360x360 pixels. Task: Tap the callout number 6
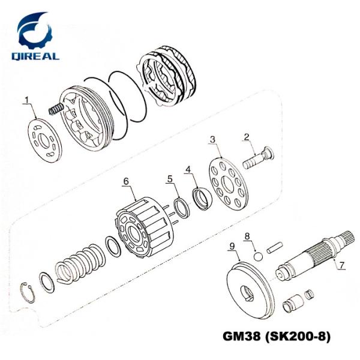(126, 181)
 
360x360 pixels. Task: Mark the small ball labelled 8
(258, 256)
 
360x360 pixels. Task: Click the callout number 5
(170, 179)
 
